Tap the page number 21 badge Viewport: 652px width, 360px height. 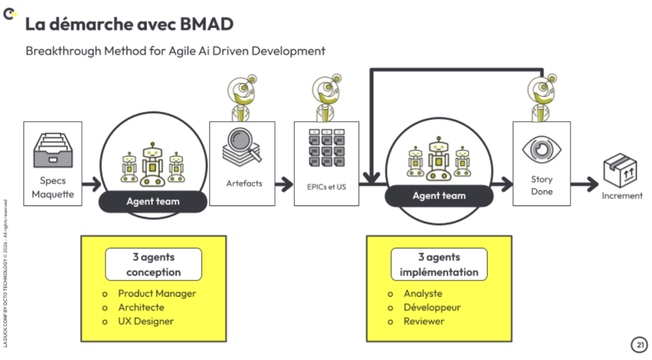[x=638, y=344]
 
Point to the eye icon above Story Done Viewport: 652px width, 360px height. [x=541, y=149]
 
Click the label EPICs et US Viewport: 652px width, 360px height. [x=327, y=187]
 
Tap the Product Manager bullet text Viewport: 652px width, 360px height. [x=157, y=293]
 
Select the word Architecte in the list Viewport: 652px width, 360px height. [x=141, y=307]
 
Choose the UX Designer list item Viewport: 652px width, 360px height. [x=146, y=322]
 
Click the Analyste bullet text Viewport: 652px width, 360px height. [x=423, y=294]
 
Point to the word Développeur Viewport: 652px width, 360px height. [x=432, y=307]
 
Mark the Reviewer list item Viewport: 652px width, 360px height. [x=424, y=322]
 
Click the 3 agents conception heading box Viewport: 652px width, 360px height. [x=153, y=264]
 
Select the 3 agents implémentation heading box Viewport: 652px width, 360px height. [x=439, y=264]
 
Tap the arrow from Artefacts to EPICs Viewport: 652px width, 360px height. [x=284, y=183]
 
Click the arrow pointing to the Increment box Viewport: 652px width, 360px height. [x=584, y=183]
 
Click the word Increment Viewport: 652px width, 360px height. [x=622, y=196]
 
